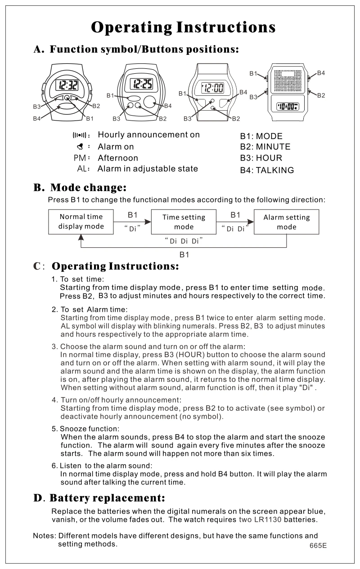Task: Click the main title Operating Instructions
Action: [x=183, y=27]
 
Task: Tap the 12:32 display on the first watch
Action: [x=66, y=85]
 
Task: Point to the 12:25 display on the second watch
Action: [x=141, y=83]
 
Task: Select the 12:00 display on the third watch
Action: [x=213, y=88]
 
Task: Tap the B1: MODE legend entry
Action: [x=261, y=136]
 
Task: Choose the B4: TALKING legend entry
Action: [x=267, y=170]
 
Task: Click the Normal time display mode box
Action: [x=81, y=221]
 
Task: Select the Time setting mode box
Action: [x=184, y=222]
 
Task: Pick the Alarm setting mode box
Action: [x=286, y=222]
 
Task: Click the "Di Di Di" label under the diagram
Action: [x=184, y=241]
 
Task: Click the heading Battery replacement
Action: [x=107, y=498]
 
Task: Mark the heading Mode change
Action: [x=88, y=187]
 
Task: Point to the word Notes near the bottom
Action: [x=44, y=536]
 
